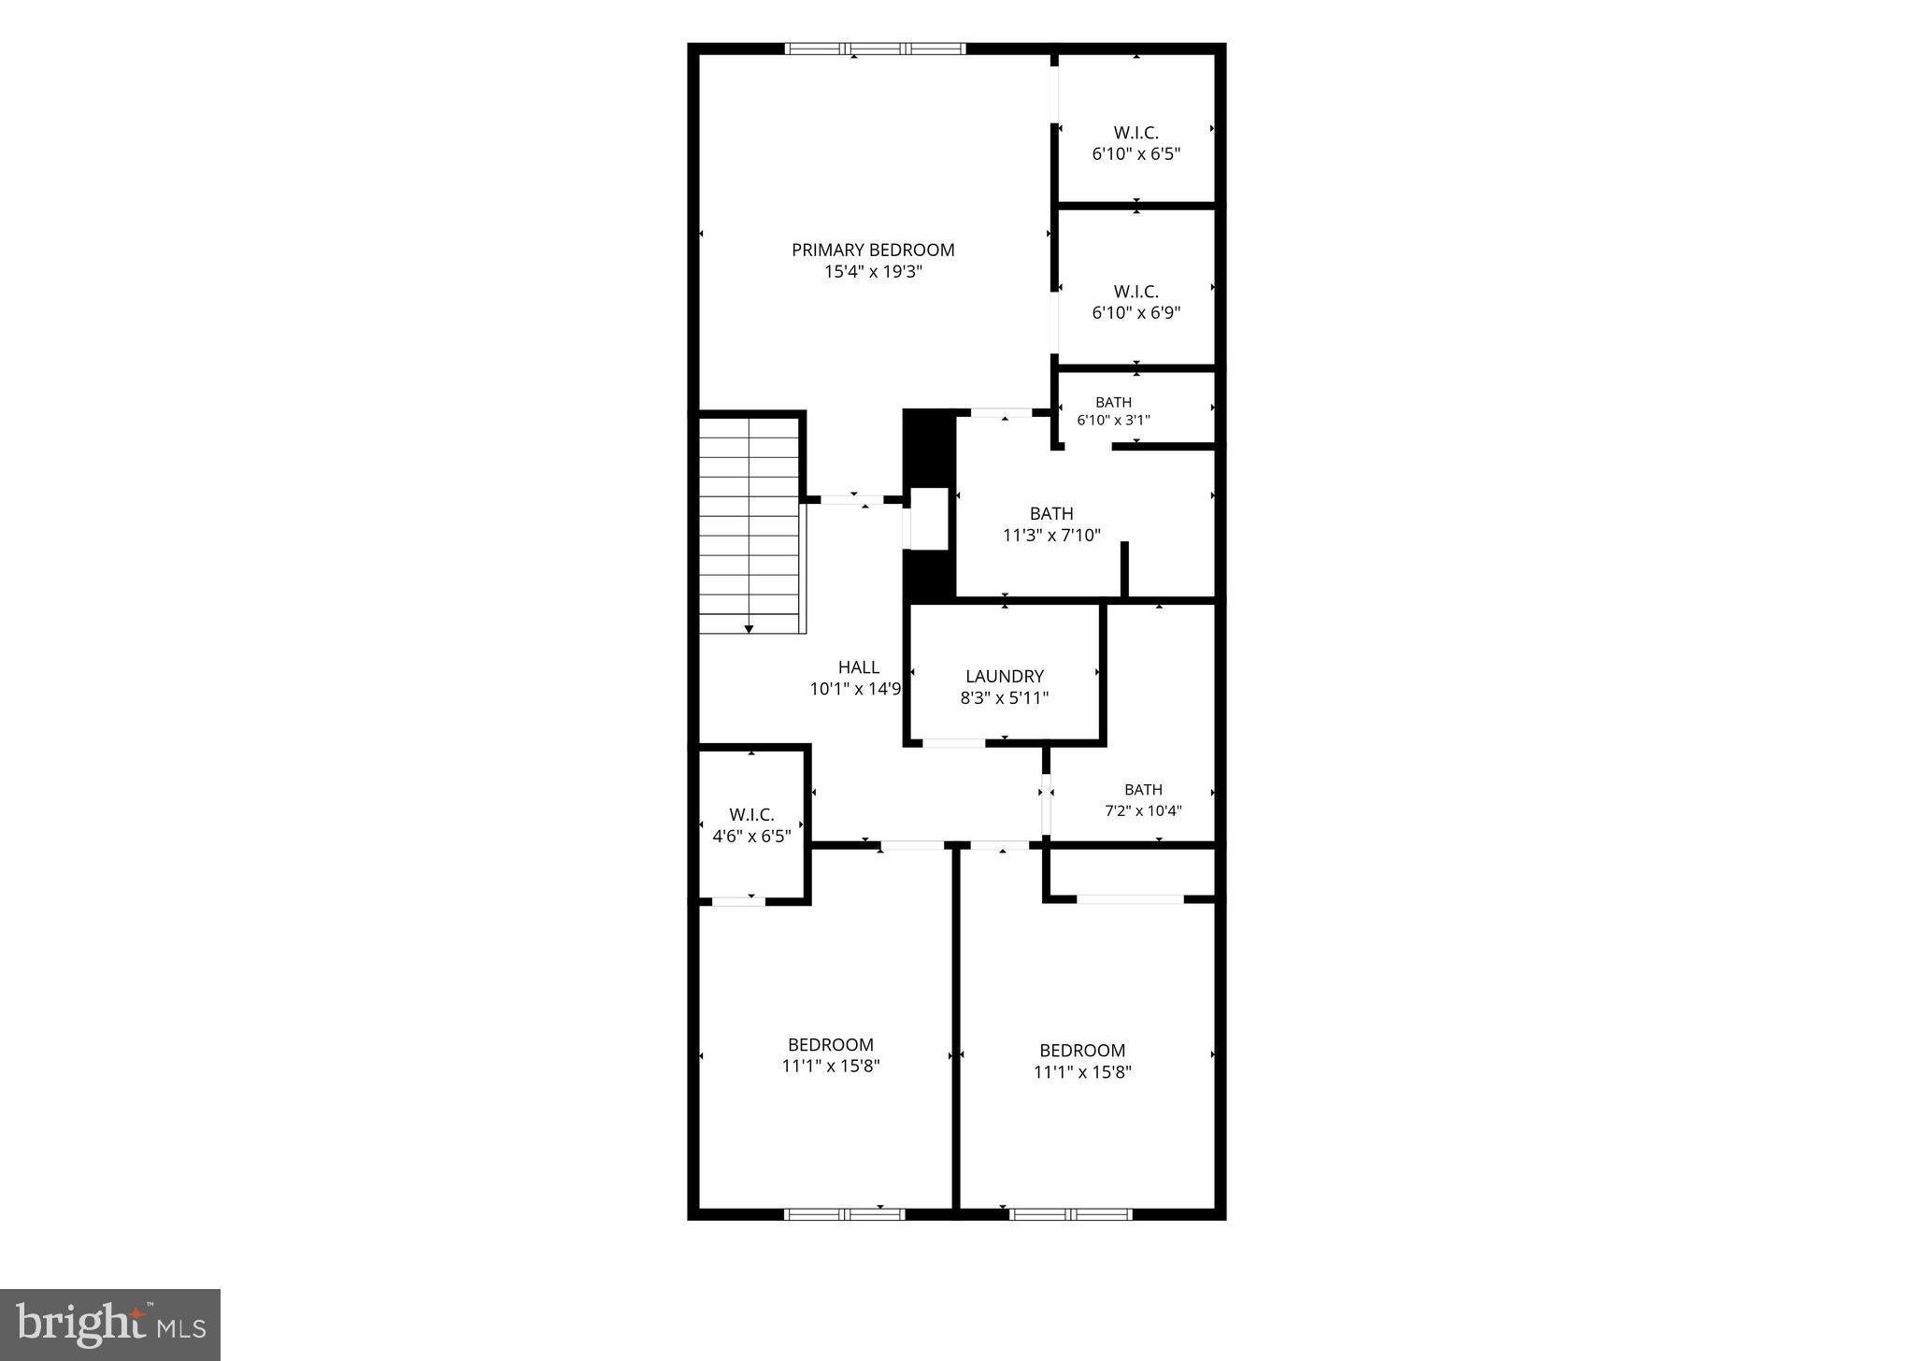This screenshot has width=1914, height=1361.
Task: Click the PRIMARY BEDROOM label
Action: click(873, 250)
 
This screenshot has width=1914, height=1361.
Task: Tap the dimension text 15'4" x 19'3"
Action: click(873, 272)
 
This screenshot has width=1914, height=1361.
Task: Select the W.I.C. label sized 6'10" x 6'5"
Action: click(1136, 133)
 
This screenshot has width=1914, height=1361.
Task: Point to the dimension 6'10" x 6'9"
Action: click(1136, 312)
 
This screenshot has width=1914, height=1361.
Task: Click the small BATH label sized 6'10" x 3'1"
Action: click(1113, 402)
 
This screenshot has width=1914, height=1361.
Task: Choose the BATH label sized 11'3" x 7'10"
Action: click(1051, 513)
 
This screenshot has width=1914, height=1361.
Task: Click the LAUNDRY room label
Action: click(1005, 676)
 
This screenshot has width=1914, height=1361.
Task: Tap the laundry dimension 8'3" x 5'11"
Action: click(1005, 697)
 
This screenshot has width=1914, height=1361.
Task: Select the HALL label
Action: click(858, 667)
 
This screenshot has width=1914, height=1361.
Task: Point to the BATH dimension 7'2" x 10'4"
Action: click(1143, 810)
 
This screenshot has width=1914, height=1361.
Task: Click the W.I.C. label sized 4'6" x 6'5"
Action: click(751, 815)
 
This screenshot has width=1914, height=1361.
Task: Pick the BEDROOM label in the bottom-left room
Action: click(831, 1044)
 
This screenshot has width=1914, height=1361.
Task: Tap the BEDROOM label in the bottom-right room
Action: click(1082, 1050)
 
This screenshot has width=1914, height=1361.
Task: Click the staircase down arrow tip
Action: click(749, 632)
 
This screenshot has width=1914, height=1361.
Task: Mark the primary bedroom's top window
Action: click(875, 49)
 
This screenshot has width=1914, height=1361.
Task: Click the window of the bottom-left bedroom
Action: click(845, 1214)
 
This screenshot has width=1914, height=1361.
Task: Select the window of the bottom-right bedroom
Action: click(1071, 1214)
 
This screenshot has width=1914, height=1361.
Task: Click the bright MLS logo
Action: click(110, 1325)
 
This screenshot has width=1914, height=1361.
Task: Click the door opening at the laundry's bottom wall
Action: click(953, 743)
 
